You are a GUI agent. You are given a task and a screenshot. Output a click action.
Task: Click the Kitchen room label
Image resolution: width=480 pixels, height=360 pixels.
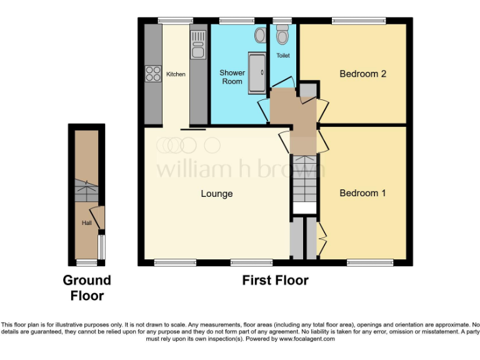(x=176, y=74)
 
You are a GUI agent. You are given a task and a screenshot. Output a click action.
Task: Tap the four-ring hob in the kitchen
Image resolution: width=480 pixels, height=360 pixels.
(x=152, y=74)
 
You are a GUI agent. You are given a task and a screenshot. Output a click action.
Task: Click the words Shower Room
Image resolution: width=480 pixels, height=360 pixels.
(x=232, y=77)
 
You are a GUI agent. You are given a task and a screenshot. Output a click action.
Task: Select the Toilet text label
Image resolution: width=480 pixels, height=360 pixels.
(x=283, y=56)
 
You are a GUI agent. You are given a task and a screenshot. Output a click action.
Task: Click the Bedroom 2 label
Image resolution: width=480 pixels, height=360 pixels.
(x=362, y=74)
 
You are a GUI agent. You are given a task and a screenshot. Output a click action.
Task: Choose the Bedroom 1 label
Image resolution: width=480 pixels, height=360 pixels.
(x=362, y=193)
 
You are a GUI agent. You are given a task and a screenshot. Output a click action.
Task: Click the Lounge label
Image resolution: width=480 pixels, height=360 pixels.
(x=217, y=194)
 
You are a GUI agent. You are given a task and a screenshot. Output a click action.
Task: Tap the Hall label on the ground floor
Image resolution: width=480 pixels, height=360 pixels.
(x=86, y=222)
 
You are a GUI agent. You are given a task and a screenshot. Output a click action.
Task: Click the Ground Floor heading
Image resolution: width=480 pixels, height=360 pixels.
(x=87, y=287)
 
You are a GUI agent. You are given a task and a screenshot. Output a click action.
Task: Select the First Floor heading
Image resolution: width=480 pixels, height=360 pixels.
(x=275, y=281)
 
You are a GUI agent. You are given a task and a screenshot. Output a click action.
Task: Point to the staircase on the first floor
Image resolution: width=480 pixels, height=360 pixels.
(x=305, y=178)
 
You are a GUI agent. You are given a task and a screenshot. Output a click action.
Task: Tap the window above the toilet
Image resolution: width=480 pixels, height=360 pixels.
(x=282, y=21)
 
